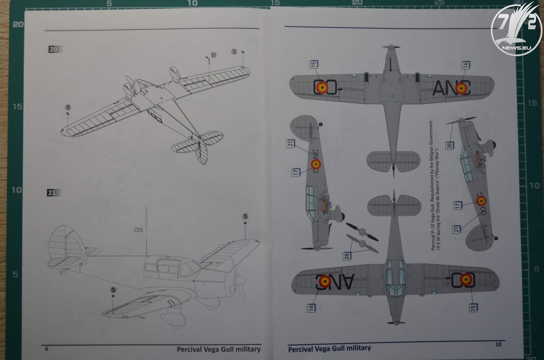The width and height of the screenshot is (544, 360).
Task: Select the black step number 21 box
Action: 52,193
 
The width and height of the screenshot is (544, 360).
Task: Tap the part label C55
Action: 138,230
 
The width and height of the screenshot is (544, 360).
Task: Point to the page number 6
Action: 47,349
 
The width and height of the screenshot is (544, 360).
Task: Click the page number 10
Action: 498,344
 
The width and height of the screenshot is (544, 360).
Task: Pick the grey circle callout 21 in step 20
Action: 214,55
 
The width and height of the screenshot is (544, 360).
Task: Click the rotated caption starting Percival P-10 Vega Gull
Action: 435,186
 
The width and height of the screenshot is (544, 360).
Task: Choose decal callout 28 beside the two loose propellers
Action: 347,256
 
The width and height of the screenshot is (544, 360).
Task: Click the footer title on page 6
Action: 219,349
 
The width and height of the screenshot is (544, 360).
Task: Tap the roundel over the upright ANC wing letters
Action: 461,88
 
